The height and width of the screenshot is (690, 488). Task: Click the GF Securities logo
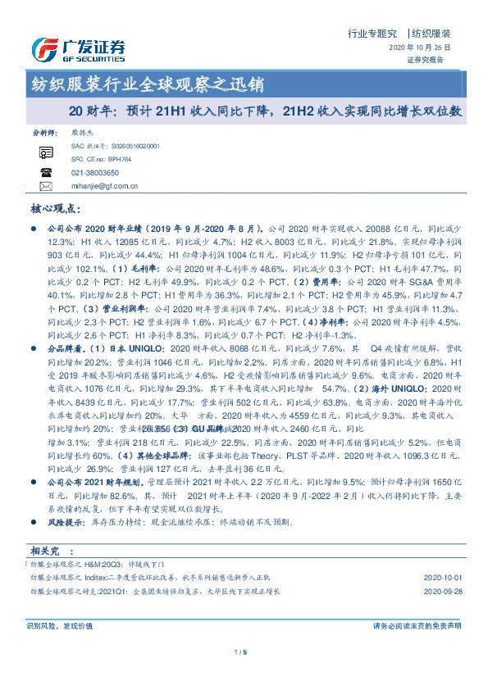(79, 51)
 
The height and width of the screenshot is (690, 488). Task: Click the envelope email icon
(45, 186)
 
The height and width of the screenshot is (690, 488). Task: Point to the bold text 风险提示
(67, 521)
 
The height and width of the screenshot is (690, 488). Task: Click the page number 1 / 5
(241, 652)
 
